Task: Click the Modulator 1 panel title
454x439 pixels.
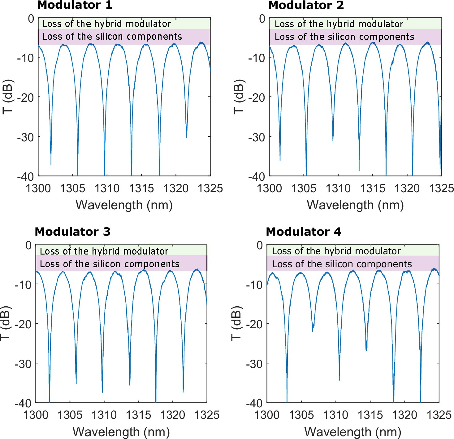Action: pyautogui.click(x=75, y=5)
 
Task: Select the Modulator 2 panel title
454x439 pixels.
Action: pyautogui.click(x=306, y=5)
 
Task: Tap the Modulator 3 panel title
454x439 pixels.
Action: pyautogui.click(x=72, y=232)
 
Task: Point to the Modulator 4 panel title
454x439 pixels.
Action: pyautogui.click(x=303, y=232)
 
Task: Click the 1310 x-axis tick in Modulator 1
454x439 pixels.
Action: pyautogui.click(x=107, y=188)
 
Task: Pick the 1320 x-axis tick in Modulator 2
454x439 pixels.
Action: pyautogui.click(x=407, y=188)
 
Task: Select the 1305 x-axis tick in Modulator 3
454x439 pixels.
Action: pyautogui.click(x=70, y=415)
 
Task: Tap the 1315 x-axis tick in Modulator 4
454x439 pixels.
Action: pyautogui.click(x=370, y=415)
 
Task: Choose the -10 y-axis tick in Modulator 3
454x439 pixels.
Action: pyautogui.click(x=24, y=284)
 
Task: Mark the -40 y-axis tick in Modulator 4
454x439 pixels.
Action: pyautogui.click(x=255, y=403)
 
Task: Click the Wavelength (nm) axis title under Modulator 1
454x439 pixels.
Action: pyautogui.click(x=124, y=205)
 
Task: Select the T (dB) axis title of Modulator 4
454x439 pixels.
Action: pyautogui.click(x=236, y=324)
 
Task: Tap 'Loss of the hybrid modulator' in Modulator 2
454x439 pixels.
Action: pyautogui.click(x=339, y=24)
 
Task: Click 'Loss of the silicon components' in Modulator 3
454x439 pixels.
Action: pyautogui.click(x=110, y=264)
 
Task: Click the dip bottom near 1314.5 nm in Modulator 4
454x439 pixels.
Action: pyautogui.click(x=366, y=349)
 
